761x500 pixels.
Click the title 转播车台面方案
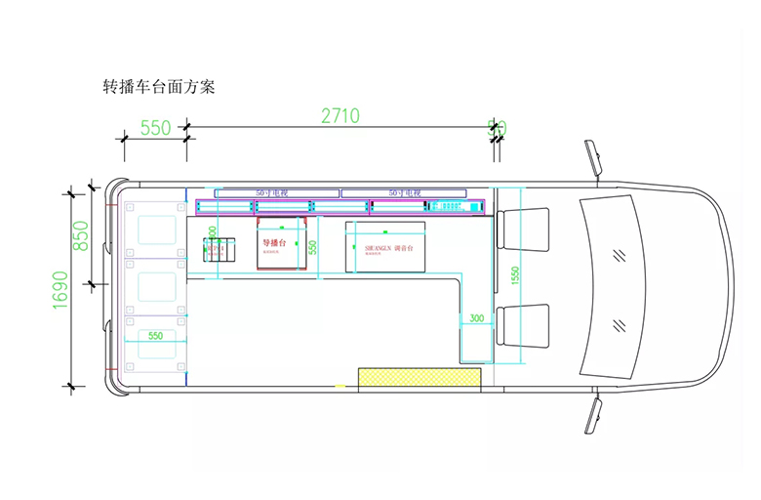tap(158, 86)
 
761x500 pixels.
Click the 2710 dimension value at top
tap(340, 115)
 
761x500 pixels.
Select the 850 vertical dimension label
tap(82, 235)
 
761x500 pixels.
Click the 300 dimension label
tap(476, 318)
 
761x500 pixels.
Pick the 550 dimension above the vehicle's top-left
tap(156, 128)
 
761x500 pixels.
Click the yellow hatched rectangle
tap(420, 378)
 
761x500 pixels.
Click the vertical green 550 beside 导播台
tap(313, 248)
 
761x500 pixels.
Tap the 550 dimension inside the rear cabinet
tap(155, 336)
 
